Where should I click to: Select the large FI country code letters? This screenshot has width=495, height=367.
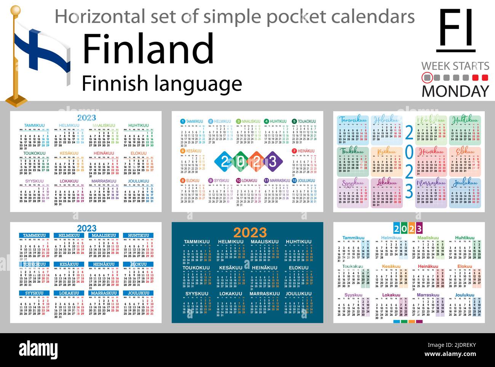(456, 29)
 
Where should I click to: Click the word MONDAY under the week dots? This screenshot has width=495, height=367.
(455, 91)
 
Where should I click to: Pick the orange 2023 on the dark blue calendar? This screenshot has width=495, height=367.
(250, 232)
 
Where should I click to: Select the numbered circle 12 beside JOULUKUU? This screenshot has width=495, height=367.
(295, 181)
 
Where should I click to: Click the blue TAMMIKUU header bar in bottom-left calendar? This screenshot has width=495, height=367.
(34, 236)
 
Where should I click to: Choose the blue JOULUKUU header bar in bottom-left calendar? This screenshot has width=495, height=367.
(138, 293)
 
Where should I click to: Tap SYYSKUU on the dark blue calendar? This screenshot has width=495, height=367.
(196, 294)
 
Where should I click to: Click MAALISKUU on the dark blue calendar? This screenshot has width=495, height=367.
(265, 242)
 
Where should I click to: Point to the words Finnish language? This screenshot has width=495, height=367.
(162, 84)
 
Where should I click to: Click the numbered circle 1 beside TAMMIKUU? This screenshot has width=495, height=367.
(182, 122)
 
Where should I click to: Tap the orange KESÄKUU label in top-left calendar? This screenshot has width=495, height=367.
(69, 153)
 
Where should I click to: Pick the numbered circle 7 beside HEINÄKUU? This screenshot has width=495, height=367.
(295, 151)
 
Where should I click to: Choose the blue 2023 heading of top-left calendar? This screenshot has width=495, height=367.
(86, 118)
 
